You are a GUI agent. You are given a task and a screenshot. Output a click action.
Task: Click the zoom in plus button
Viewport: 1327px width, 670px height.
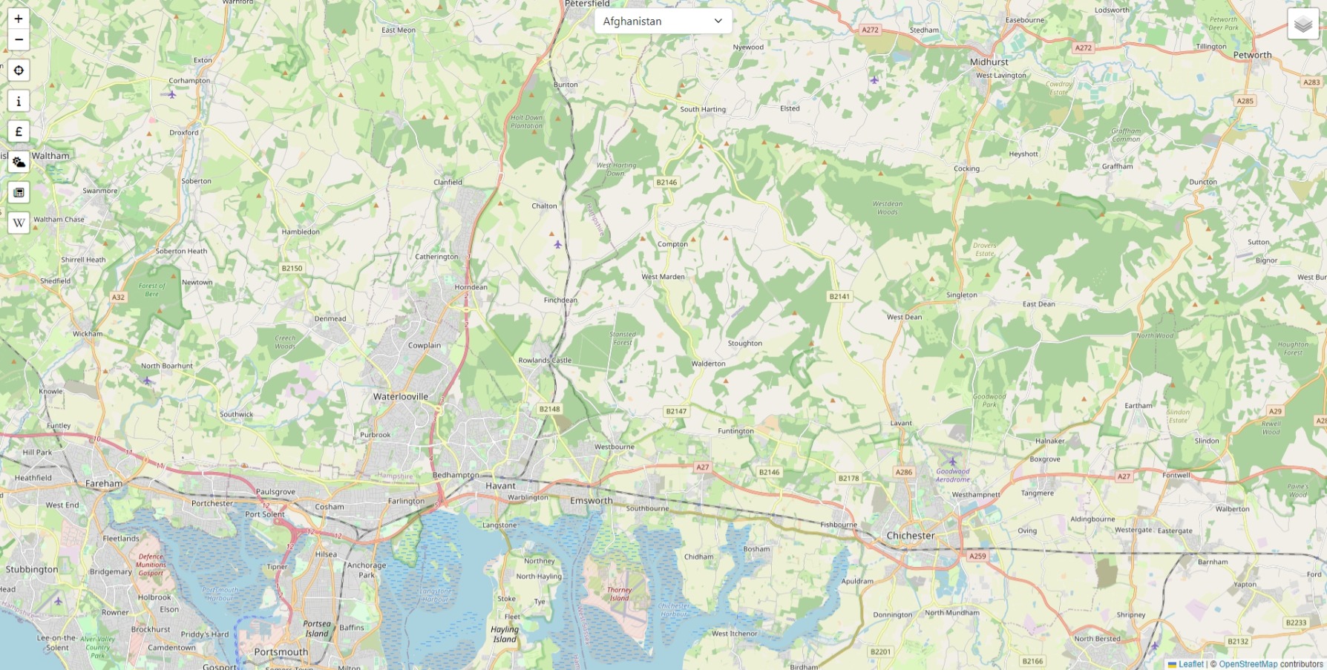(19, 19)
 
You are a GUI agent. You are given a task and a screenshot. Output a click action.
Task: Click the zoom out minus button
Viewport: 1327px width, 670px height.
(19, 39)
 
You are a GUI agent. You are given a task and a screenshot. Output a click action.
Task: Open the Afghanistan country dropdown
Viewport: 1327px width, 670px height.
(663, 21)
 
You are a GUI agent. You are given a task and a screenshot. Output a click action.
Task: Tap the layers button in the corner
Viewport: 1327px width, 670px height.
(1303, 24)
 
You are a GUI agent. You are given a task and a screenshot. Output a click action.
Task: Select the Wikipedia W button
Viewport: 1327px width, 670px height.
(19, 223)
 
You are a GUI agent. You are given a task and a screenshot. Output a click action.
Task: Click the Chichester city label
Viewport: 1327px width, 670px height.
(911, 536)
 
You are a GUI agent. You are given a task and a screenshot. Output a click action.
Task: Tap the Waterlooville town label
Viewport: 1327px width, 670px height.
(401, 396)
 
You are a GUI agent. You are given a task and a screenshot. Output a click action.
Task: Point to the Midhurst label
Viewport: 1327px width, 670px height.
(989, 62)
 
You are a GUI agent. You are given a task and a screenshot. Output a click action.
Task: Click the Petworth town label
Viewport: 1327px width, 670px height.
(1252, 55)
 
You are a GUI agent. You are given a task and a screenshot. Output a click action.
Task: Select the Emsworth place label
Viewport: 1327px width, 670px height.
(592, 500)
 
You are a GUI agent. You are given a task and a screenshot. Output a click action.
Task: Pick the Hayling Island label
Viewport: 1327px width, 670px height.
(505, 634)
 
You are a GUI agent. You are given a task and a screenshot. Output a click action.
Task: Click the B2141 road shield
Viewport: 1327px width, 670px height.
(839, 296)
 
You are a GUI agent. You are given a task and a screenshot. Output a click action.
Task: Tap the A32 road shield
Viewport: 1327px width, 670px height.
(118, 297)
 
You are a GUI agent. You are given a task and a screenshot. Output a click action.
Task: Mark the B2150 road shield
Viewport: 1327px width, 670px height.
(292, 268)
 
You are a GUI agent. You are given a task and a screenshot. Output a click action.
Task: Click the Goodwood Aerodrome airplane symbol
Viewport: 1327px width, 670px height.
(953, 462)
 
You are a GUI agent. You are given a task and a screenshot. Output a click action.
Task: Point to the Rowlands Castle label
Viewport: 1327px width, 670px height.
(545, 361)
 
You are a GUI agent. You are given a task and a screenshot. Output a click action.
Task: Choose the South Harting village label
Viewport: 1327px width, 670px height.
(703, 109)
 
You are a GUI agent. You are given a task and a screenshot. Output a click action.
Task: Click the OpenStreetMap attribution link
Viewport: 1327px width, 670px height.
(1248, 664)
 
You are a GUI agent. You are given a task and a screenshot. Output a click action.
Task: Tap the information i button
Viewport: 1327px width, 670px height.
(19, 101)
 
